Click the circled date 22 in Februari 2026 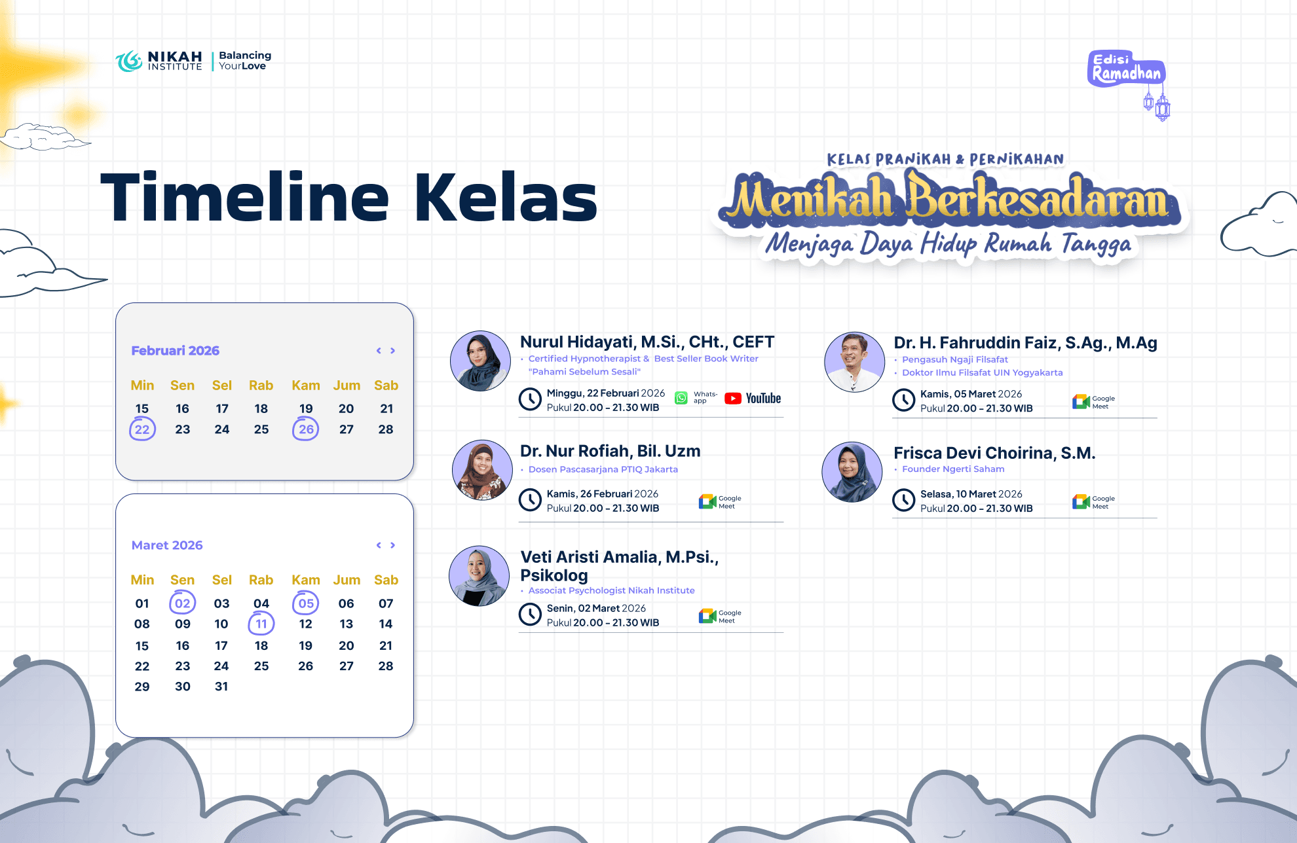point(142,429)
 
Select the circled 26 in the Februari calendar point(306,429)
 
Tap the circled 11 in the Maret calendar point(261,624)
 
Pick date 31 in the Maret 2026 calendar point(221,687)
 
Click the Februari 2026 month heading point(176,351)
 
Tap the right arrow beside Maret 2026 point(393,545)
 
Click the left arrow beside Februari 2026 point(379,351)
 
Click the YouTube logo point(753,399)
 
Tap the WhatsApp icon point(681,398)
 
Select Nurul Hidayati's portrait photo point(480,361)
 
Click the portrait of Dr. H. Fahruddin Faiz point(854,362)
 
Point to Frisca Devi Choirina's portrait point(852,472)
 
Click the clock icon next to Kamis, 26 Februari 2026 point(530,500)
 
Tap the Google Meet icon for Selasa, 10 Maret point(1081,502)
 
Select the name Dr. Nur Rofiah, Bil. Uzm point(610,451)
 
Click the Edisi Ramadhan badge point(1127,68)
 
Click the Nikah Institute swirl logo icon point(129,61)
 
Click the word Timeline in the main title point(245,197)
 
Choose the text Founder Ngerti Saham point(953,469)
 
